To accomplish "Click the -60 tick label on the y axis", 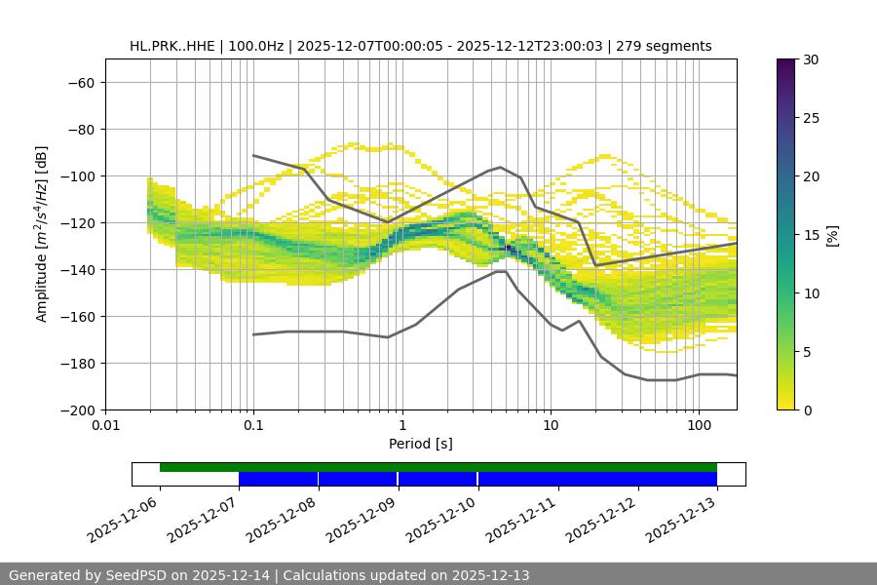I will coord(80,82).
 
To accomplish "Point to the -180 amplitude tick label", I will coord(76,363).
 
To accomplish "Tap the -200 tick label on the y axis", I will coord(76,409).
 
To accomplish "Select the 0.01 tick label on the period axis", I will coord(105,426).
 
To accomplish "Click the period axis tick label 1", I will coord(402,426).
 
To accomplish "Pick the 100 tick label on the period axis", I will coord(699,426).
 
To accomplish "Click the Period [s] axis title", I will coord(420,444).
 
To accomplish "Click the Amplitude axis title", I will coord(42,234).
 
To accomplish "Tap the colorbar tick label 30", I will coord(810,59).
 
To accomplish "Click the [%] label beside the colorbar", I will coord(831,235).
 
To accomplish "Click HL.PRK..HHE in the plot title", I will coord(172,46).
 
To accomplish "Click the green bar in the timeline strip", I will coord(438,467).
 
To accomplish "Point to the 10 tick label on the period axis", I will coord(551,426).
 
